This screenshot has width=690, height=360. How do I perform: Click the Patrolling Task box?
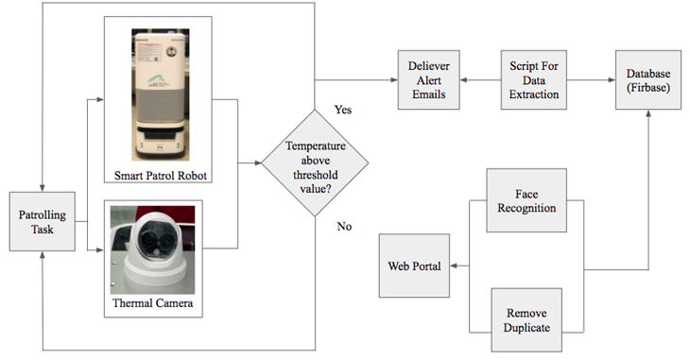[43, 222]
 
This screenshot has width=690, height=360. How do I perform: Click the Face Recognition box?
[526, 200]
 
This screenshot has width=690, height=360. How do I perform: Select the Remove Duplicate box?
[527, 321]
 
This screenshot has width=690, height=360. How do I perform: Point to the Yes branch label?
[344, 110]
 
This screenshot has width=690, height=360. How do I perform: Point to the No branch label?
[344, 227]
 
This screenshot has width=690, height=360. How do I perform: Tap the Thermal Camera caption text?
[154, 304]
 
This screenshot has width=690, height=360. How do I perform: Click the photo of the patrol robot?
[157, 94]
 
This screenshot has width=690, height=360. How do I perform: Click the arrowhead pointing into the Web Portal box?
[455, 266]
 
